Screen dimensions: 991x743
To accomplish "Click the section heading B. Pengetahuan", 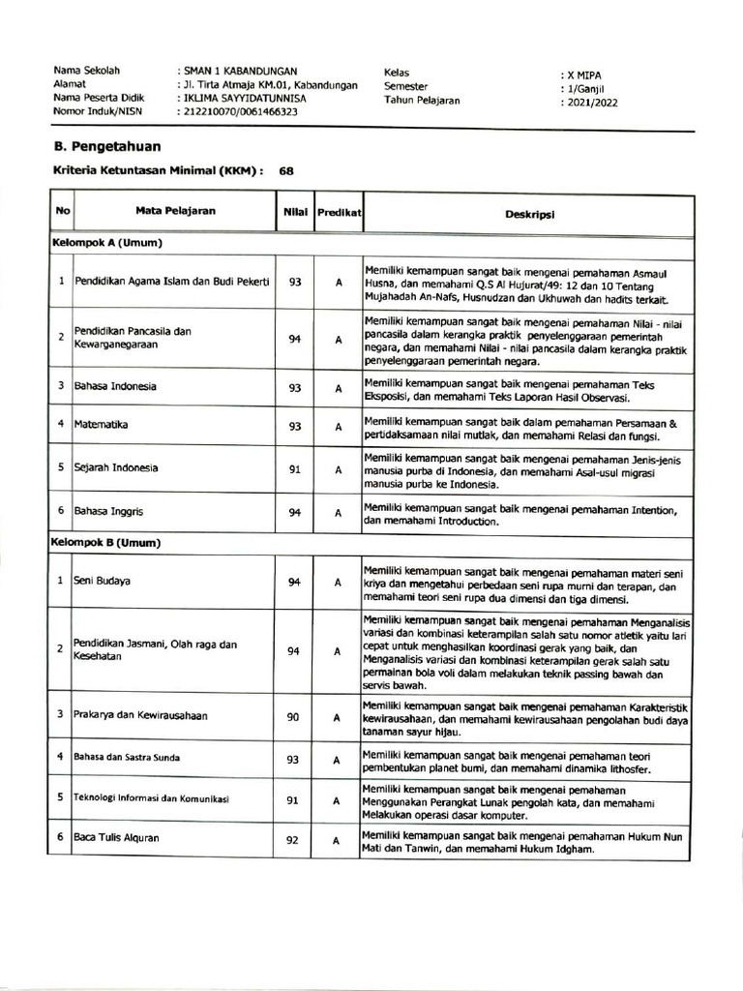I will [106, 146].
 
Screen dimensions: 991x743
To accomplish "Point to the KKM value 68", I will [286, 170].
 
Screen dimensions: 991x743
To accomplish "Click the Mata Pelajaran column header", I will [175, 211].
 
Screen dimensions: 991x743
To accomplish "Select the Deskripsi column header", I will [528, 213].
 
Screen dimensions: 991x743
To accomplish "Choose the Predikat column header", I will [339, 211].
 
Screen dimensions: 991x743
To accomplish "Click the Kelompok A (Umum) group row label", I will [106, 242].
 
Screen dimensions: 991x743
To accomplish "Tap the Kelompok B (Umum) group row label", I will [106, 543].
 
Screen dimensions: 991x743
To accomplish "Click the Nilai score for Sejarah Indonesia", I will [294, 469].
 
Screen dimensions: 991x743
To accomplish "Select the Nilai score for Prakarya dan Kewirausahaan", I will [294, 717].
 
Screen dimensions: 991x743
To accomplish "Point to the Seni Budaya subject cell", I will [103, 582].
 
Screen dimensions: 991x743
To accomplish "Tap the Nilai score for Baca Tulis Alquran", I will [292, 840].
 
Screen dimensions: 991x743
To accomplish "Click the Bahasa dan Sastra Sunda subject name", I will [127, 757].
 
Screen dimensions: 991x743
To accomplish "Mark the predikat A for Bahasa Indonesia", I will [339, 388].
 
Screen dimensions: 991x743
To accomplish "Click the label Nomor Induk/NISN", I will [98, 111].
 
